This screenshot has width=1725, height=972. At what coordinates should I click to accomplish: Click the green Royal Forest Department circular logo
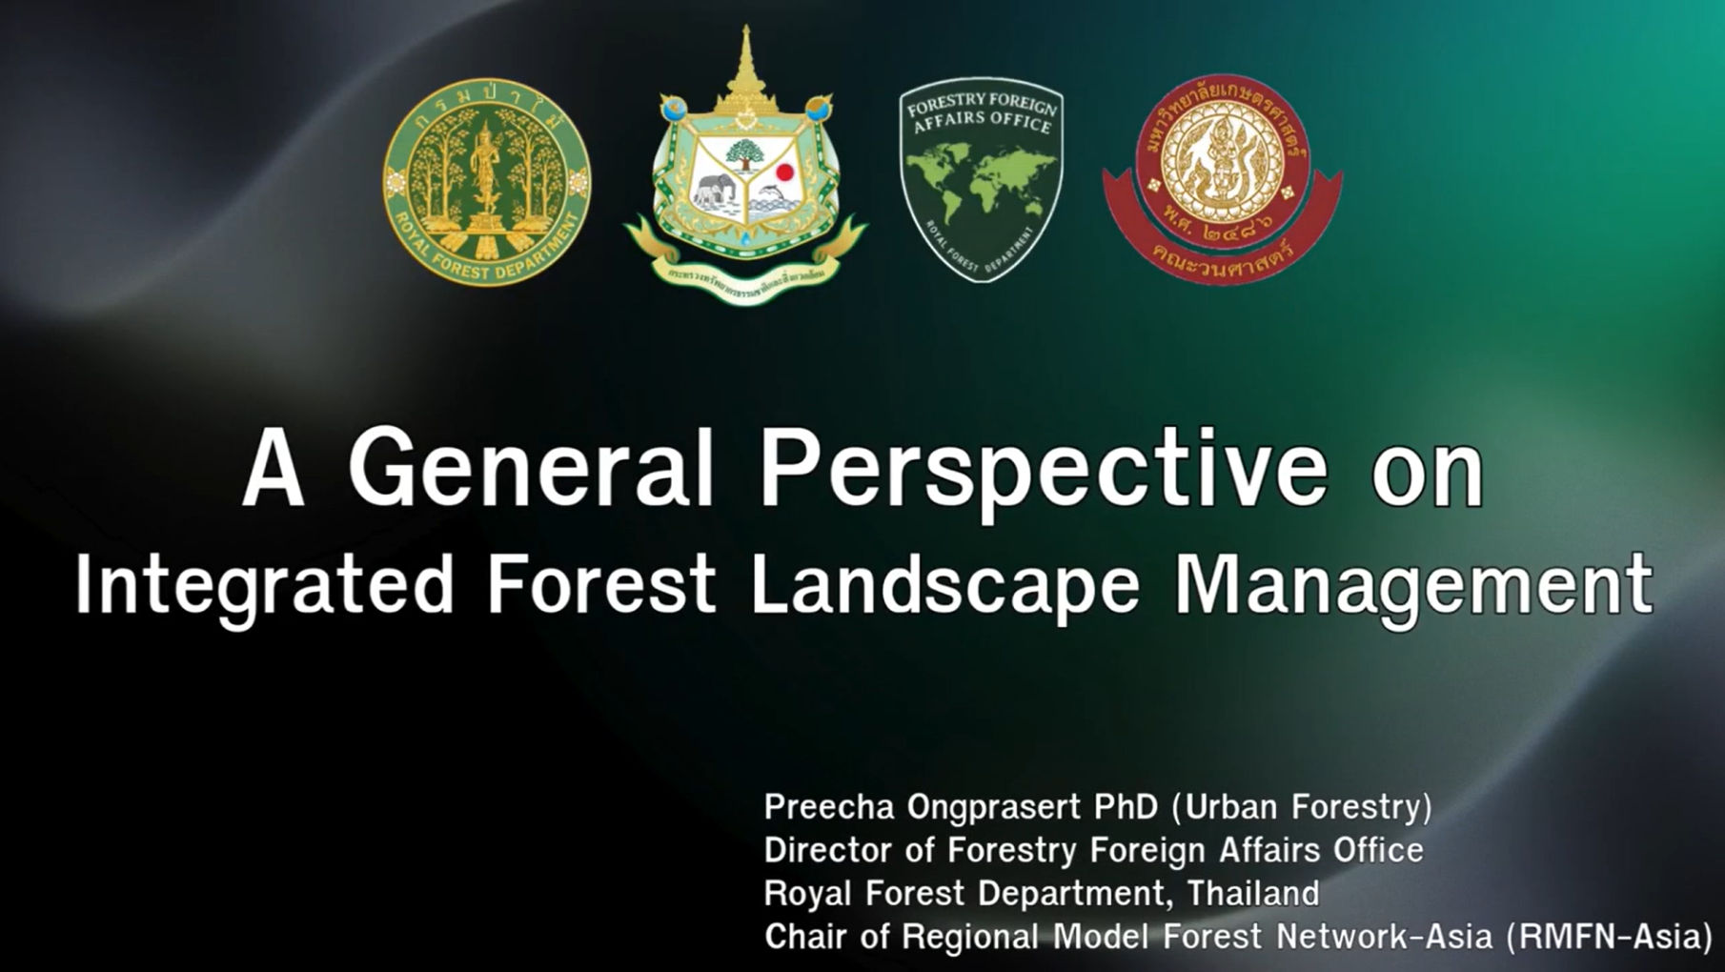pyautogui.click(x=486, y=181)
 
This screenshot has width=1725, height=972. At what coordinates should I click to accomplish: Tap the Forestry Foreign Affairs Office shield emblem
pyautogui.click(x=981, y=179)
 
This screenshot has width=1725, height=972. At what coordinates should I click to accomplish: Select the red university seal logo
pyautogui.click(x=1223, y=179)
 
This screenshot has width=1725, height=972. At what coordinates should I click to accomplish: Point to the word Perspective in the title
pyautogui.click(x=1043, y=469)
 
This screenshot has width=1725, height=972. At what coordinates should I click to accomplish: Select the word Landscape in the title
pyautogui.click(x=944, y=585)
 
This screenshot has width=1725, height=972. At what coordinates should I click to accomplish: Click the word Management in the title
pyautogui.click(x=1413, y=585)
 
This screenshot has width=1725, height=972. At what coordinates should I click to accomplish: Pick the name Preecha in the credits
pyautogui.click(x=829, y=807)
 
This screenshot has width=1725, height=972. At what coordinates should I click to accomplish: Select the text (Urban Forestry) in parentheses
pyautogui.click(x=1301, y=807)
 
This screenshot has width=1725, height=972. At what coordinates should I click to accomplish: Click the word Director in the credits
pyautogui.click(x=828, y=850)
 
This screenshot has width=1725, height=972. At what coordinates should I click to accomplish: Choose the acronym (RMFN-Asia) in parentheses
pyautogui.click(x=1609, y=937)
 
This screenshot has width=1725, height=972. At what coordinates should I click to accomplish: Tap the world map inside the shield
pyautogui.click(x=981, y=191)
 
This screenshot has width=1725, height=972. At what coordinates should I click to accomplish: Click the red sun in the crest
pyautogui.click(x=784, y=173)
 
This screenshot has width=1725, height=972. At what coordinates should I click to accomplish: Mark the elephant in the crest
pyautogui.click(x=712, y=190)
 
